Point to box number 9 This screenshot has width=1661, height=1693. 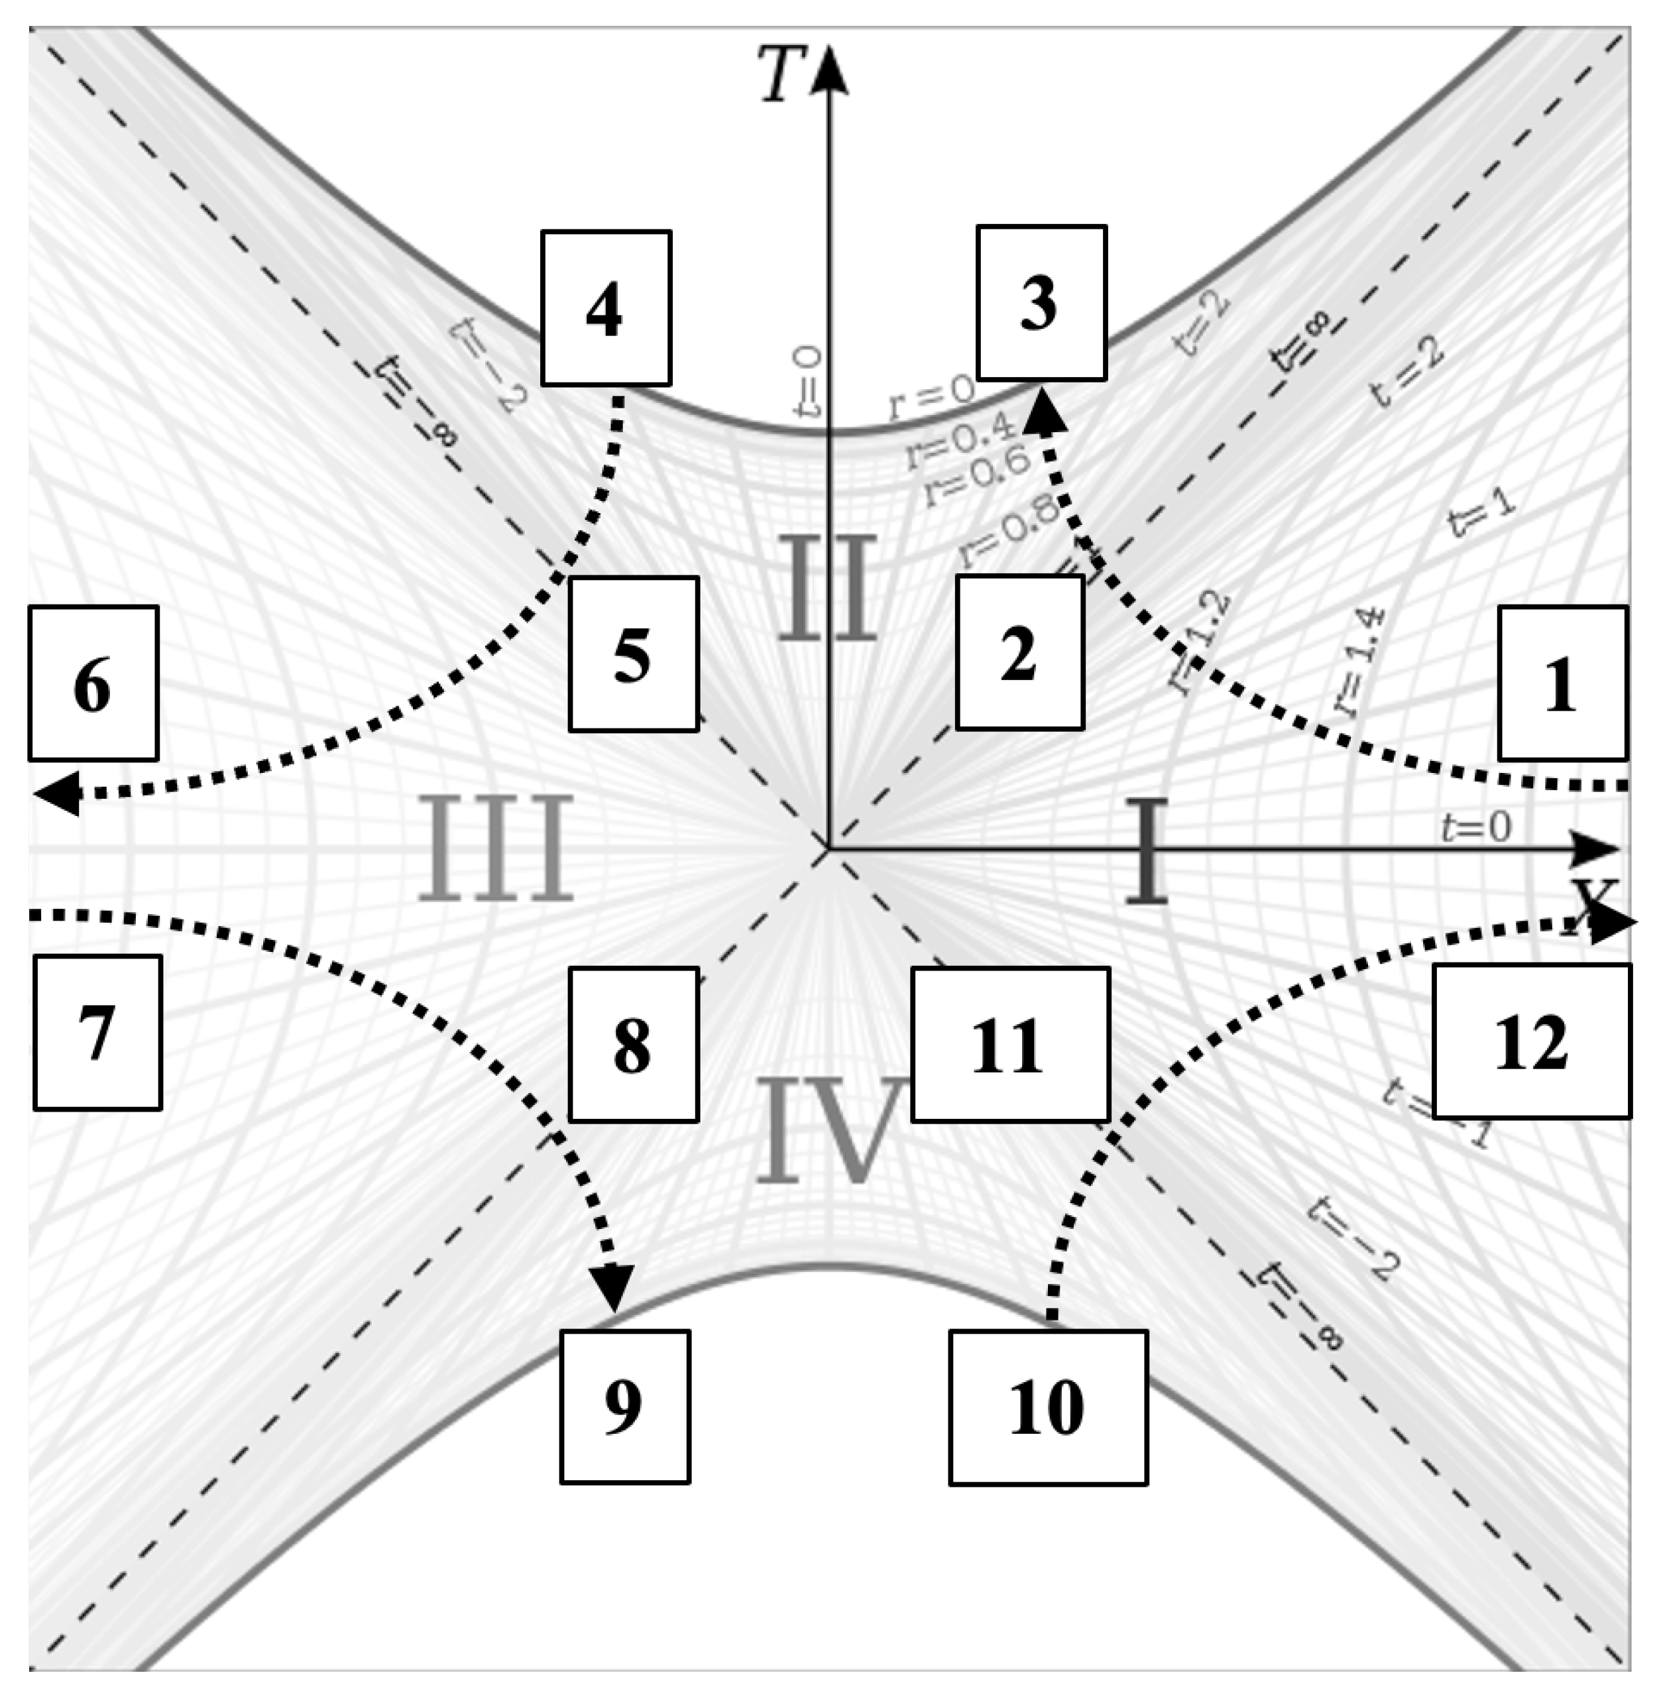(x=624, y=1406)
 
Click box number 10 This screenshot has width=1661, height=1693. (x=1048, y=1407)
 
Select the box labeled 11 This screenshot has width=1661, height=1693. (x=1010, y=1044)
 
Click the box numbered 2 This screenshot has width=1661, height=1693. (x=1020, y=652)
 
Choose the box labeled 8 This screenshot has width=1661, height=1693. (x=634, y=1044)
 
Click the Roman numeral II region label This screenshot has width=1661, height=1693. (x=826, y=587)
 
